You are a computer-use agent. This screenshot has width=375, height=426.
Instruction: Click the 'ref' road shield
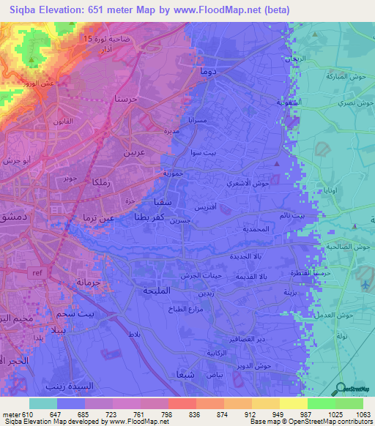click(x=36, y=272)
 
